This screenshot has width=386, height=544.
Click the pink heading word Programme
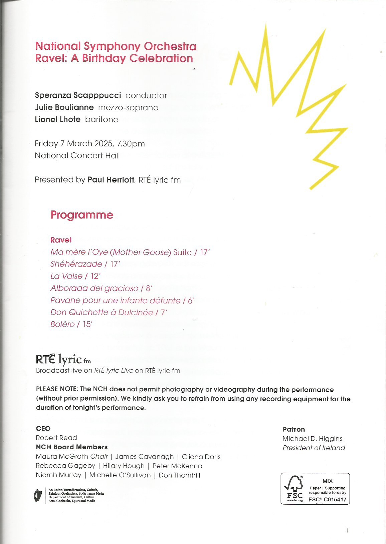82,215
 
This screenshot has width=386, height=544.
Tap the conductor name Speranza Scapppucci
78,95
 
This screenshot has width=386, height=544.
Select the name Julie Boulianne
64,107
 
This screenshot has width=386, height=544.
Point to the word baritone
102,119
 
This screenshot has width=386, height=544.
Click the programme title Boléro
62,324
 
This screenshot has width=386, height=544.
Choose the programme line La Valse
66,276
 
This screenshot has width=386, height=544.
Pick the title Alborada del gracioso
94,288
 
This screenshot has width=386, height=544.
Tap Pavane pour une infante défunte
115,300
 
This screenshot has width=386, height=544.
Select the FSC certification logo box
315,488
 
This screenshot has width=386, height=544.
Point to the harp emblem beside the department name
38,496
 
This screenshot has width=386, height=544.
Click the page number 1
347,530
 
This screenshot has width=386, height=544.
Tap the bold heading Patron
294,429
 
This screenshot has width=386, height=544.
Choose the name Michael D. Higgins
312,439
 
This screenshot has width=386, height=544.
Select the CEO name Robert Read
56,438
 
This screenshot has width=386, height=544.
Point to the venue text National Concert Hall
77,155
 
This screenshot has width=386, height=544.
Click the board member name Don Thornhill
179,475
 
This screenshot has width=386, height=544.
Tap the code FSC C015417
327,499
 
